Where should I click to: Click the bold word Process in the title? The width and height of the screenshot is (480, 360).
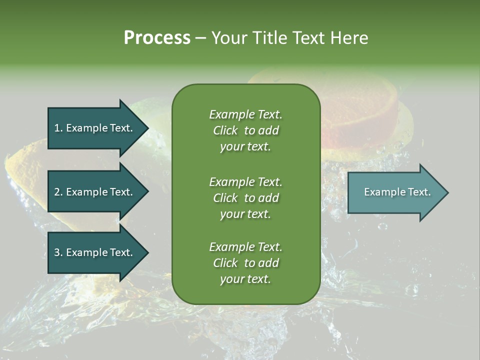157,38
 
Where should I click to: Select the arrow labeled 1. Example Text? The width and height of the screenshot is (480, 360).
95,128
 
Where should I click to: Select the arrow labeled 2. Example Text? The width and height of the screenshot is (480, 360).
95,192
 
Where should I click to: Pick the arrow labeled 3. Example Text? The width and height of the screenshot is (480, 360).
95,252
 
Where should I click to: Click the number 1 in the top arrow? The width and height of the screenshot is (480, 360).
56,128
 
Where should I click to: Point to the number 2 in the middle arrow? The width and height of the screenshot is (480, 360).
56,192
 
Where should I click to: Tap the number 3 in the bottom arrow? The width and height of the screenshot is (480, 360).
56,252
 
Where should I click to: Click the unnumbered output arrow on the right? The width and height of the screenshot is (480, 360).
395,192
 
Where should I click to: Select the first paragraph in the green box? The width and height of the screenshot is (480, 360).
245,130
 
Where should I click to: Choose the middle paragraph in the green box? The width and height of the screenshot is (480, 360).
245,198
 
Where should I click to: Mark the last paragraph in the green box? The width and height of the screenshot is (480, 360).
245,263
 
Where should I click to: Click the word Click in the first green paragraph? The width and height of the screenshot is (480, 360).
225,130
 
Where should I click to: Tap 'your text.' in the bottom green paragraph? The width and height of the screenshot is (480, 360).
245,279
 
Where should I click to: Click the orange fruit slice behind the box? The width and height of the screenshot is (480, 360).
360,115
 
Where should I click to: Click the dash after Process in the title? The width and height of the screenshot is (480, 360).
200,38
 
